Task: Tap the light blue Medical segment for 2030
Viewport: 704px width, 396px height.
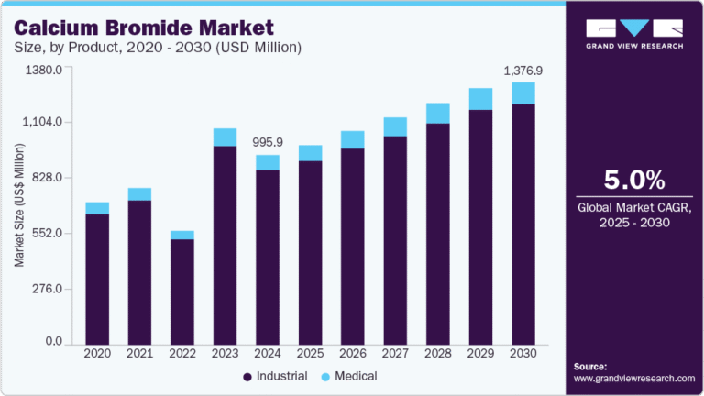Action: coord(523,93)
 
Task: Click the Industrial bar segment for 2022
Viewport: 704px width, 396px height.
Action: coord(182,291)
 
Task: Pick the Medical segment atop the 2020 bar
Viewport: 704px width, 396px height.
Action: coord(97,208)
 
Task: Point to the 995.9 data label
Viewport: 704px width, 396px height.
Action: coord(268,142)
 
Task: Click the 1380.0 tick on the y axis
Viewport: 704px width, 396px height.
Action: coord(43,69)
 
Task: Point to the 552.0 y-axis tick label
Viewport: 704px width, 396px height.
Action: coord(46,233)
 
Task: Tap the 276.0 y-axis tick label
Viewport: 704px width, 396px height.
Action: coord(46,288)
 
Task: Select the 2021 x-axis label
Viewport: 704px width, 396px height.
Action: coord(139,353)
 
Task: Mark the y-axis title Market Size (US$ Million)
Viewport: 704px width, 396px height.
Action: coord(19,205)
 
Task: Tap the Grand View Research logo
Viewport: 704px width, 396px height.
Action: coord(633,32)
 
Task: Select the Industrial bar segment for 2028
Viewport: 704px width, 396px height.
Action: coord(438,233)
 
